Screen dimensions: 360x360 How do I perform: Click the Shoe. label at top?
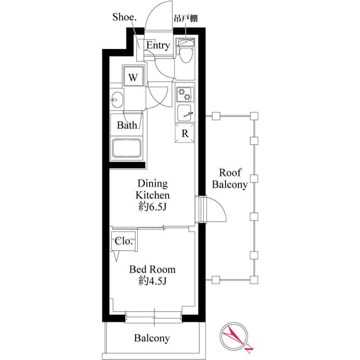click(124, 17)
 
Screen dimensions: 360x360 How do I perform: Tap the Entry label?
click(157, 46)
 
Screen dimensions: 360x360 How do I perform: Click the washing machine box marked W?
click(133, 78)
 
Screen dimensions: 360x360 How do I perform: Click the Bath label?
click(127, 125)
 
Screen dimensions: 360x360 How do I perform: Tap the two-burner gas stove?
click(184, 93)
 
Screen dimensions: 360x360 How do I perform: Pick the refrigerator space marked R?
click(184, 134)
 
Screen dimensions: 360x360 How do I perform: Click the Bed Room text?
click(152, 269)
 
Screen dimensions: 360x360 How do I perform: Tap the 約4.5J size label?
click(152, 281)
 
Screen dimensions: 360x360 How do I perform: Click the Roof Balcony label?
click(229, 178)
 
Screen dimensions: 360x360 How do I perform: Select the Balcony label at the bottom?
click(152, 338)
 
